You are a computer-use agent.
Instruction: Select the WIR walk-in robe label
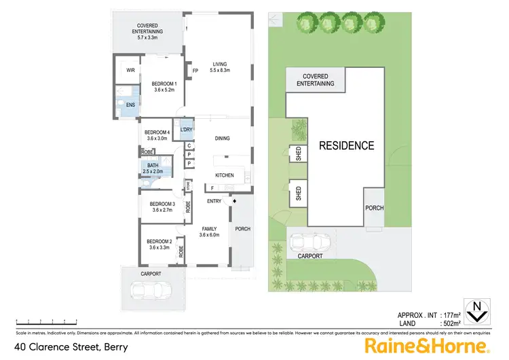point(128,69)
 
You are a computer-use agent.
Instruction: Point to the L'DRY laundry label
point(186,130)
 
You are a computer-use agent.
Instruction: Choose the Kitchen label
point(225,175)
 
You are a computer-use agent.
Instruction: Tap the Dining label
point(223,139)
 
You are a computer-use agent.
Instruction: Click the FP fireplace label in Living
point(195,71)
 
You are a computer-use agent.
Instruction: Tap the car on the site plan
point(308,242)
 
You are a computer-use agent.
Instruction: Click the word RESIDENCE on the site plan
point(347,145)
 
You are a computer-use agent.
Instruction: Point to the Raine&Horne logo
point(427,346)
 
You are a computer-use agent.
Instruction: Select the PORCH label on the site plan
point(375,208)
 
